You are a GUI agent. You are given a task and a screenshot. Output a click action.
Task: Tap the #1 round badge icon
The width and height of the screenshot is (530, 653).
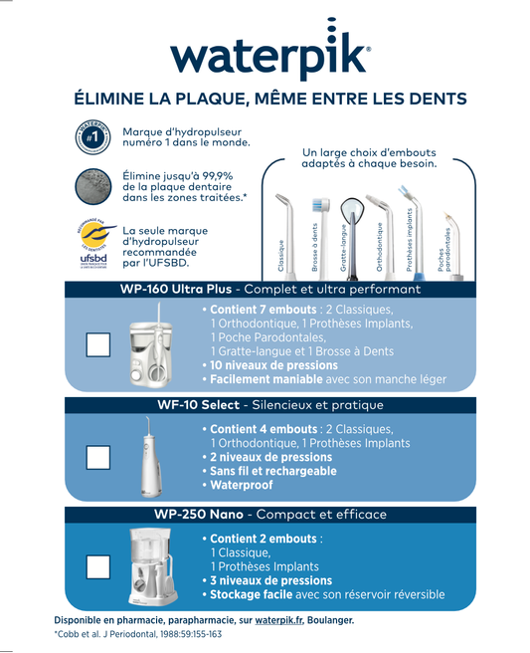(x=91, y=136)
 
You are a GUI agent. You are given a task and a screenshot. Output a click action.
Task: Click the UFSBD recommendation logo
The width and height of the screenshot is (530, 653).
(x=91, y=245)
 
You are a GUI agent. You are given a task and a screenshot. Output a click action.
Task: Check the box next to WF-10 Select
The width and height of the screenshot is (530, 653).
(x=98, y=457)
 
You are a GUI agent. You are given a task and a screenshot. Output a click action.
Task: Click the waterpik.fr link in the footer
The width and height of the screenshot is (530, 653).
(x=279, y=620)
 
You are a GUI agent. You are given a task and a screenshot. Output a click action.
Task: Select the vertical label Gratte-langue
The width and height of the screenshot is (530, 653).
(x=344, y=248)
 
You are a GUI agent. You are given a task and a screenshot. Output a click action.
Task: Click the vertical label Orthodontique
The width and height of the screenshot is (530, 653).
(x=379, y=247)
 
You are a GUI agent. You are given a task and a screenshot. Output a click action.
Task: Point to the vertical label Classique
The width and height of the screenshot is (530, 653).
(x=280, y=256)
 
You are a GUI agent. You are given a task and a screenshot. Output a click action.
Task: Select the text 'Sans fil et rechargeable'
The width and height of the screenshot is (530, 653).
(x=273, y=471)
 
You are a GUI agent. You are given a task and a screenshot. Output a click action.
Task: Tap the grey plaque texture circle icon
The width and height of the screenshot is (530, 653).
(x=91, y=186)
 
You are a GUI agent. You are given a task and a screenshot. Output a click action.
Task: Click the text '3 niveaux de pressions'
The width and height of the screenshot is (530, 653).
(x=267, y=580)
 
